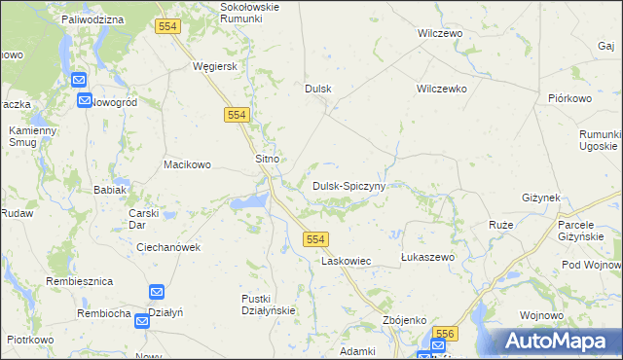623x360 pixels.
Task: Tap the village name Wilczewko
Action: pyautogui.click(x=442, y=89)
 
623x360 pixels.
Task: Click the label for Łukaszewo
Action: pyautogui.click(x=428, y=257)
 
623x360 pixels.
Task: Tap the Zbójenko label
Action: pyautogui.click(x=406, y=319)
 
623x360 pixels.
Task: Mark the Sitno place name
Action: pyautogui.click(x=268, y=159)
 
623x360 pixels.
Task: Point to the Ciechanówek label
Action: pyautogui.click(x=168, y=247)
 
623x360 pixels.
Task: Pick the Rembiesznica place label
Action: pyautogui.click(x=80, y=281)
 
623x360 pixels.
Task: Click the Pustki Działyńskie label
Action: pyautogui.click(x=268, y=304)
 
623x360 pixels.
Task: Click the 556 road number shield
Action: pyautogui.click(x=444, y=334)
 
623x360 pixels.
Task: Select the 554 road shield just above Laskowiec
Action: pyautogui.click(x=314, y=238)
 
